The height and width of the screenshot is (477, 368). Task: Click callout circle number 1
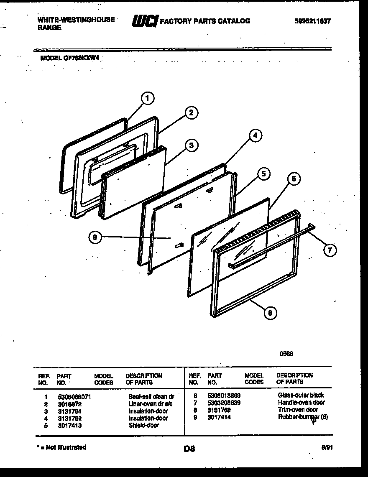(x=147, y=99)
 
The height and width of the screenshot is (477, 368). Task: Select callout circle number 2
(x=191, y=112)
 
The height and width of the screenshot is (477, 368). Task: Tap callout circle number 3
(x=191, y=145)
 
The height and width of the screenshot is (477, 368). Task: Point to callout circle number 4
(x=255, y=136)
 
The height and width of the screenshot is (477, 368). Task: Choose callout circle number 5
(x=263, y=174)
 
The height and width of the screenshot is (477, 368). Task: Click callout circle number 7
(x=330, y=250)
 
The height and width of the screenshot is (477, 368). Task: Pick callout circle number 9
(x=95, y=237)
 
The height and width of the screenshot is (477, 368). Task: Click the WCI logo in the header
(x=144, y=21)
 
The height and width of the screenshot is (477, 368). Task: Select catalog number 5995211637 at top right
(x=312, y=21)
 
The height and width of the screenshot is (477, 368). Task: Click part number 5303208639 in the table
(x=224, y=403)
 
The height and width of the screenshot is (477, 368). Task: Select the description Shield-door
(x=144, y=426)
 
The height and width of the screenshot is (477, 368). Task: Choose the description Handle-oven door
(x=301, y=403)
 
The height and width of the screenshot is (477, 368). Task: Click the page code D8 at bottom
(x=189, y=450)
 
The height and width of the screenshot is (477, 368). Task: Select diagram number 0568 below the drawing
(x=286, y=353)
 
